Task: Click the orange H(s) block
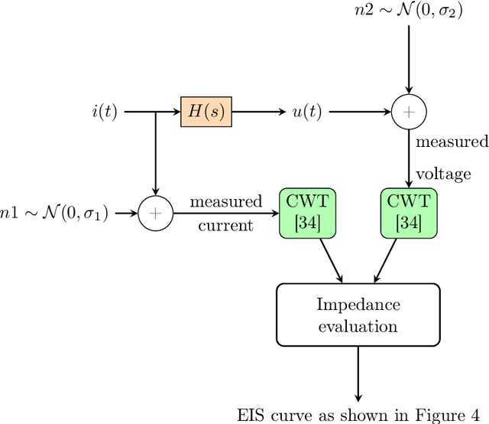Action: pos(204,112)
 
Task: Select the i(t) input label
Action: pos(105,112)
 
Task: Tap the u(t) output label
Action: pos(306,112)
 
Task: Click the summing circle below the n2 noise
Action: pos(410,112)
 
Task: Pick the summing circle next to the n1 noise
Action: pos(155,214)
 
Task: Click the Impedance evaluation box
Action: pos(357,315)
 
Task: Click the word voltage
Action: pos(443,174)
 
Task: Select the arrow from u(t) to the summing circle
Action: pos(359,112)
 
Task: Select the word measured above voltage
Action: pos(451,142)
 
